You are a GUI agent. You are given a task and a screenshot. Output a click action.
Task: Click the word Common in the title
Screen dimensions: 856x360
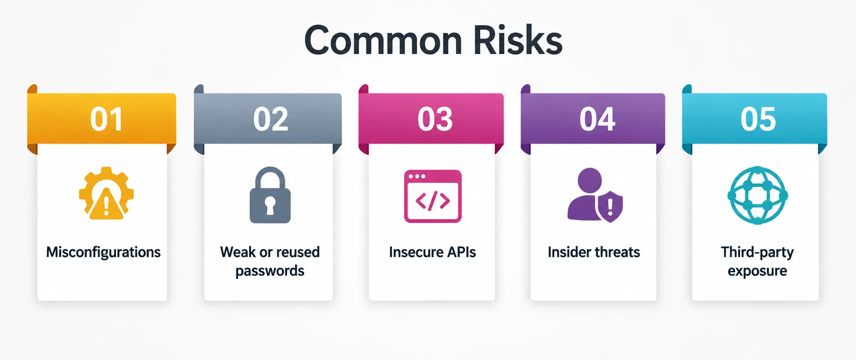[x=383, y=41]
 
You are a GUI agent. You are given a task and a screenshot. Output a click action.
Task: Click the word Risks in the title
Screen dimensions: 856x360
[x=517, y=40]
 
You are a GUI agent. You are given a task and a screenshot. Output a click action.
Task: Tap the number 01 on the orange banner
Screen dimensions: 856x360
[x=106, y=120]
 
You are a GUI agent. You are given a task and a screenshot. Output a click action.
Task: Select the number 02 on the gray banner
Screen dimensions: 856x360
[x=271, y=120]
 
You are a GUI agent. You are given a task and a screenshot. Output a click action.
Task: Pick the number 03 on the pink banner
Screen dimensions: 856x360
[x=435, y=120]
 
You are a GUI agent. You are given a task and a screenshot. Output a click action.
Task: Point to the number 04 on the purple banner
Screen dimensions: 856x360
[x=598, y=120]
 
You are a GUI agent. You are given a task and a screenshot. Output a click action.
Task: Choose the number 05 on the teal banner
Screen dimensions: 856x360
[x=758, y=120]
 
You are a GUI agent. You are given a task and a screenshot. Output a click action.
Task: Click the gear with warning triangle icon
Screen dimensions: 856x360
[x=106, y=194]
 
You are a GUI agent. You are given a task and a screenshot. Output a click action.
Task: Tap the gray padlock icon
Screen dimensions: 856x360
[x=270, y=195]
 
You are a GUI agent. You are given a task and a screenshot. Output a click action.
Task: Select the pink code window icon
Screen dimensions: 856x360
[x=433, y=196]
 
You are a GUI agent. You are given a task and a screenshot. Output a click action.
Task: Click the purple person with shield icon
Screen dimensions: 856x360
[x=595, y=195]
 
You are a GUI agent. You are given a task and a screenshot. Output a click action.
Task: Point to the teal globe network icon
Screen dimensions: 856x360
[x=758, y=195]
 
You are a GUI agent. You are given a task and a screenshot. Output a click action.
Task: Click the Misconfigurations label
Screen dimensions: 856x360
[x=104, y=252]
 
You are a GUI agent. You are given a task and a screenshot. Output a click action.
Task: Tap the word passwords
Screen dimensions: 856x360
[x=270, y=271]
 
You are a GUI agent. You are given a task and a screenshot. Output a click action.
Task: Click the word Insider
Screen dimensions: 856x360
[x=568, y=252]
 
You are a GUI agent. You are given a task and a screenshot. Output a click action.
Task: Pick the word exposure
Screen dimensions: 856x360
[x=757, y=271]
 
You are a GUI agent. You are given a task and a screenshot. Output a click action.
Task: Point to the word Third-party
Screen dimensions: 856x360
[x=757, y=252]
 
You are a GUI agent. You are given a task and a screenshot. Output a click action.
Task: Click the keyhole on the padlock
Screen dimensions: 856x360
[x=270, y=205]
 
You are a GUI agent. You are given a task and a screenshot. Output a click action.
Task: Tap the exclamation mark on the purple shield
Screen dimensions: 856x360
[x=610, y=207]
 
